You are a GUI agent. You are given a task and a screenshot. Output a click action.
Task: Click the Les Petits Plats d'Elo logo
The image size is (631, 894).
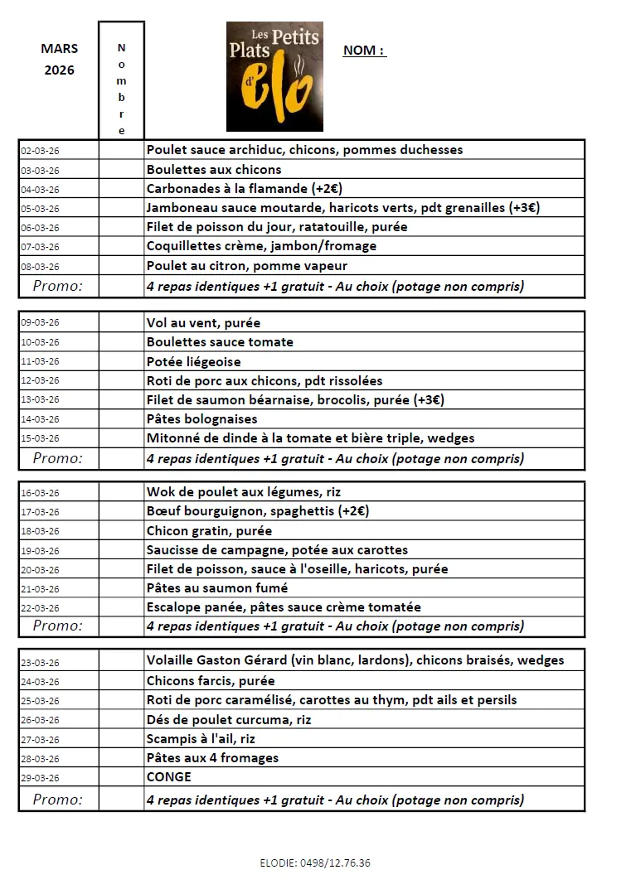tap(274, 76)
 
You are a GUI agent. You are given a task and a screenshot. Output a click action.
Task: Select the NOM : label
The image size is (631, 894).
tap(364, 51)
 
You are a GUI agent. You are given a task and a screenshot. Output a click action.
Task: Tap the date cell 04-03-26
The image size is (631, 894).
tap(40, 190)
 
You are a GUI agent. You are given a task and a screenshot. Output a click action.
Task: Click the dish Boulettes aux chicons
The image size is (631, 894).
tap(214, 169)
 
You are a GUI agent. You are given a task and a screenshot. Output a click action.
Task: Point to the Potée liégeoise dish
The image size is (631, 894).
tap(193, 361)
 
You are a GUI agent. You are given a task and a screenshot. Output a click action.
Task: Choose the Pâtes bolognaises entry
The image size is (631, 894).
tap(201, 419)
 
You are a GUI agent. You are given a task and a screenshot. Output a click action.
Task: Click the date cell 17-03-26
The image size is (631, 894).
tap(40, 512)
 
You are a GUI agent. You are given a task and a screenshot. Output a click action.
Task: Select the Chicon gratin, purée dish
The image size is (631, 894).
tap(209, 530)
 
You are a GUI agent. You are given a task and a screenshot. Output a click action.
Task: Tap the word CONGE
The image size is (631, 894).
tap(168, 776)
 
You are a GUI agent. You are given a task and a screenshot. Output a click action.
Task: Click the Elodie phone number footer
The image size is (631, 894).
tap(315, 863)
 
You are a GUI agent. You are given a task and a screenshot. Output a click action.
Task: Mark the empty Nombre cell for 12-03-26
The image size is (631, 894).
tap(121, 381)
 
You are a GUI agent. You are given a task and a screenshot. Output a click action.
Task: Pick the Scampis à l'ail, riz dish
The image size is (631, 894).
tap(201, 738)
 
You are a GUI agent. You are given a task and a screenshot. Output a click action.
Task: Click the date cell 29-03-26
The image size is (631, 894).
tap(40, 778)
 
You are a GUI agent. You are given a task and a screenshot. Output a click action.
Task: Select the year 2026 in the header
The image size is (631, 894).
tap(59, 70)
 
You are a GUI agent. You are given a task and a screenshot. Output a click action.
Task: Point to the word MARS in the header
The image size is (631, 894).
tap(59, 49)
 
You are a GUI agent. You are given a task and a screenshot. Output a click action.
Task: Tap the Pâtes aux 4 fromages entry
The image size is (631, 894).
tap(212, 757)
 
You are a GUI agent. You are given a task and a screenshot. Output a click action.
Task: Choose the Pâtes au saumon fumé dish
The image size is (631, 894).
tap(216, 587)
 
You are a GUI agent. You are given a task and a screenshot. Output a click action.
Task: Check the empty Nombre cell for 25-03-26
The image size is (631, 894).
tap(121, 700)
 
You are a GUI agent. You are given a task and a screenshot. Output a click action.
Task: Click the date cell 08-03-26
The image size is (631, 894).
tap(40, 267)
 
